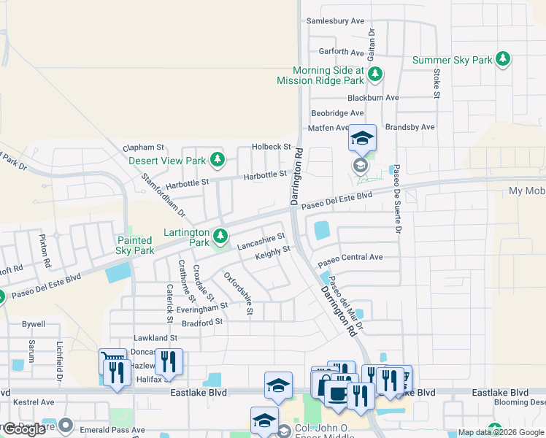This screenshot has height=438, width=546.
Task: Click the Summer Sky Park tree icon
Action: (502, 60)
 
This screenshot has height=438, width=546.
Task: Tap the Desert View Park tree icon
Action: (217, 159)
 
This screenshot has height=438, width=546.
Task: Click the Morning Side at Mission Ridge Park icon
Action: (374, 74)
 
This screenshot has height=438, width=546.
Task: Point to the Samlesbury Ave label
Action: (334, 21)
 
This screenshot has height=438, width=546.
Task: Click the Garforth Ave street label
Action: (341, 53)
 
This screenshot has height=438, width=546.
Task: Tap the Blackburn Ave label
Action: (373, 98)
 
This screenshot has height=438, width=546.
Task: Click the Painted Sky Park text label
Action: (134, 245)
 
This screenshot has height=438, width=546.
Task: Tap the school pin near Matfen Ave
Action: (362, 137)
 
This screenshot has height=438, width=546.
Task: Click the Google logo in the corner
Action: (25, 429)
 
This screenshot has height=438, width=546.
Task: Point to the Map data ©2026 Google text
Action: (500, 432)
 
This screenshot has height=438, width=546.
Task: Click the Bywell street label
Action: (34, 324)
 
